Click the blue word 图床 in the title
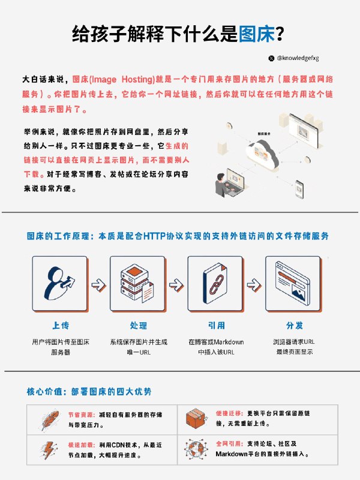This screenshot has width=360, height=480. coord(256,33)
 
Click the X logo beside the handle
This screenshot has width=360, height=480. coord(271,58)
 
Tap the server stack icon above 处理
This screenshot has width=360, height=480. coord(136,282)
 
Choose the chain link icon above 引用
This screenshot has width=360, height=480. coord(215,282)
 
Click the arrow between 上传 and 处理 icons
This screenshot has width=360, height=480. coord(97,284)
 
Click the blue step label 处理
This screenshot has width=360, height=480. coord(138,326)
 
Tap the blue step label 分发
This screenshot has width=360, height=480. coord(294,326)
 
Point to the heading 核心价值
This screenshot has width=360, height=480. coord(43,392)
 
